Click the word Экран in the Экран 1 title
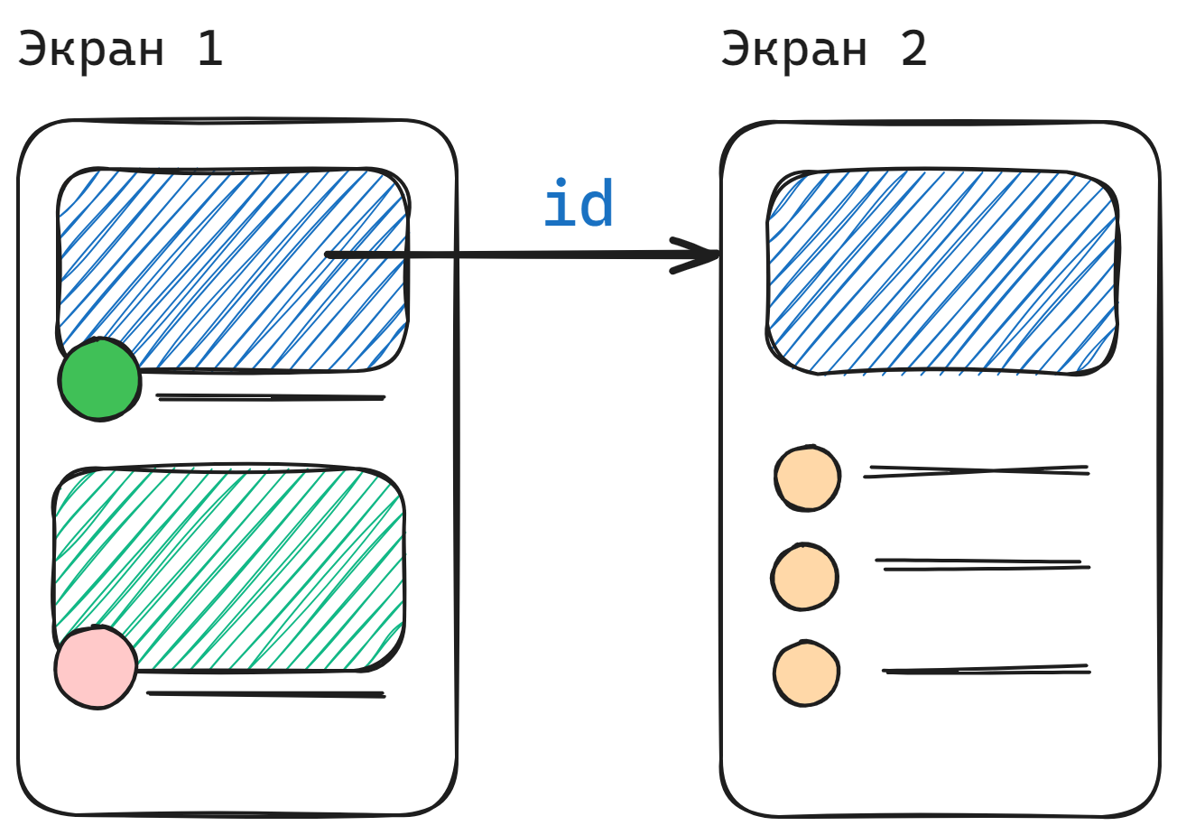point(91,49)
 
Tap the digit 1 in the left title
point(210,49)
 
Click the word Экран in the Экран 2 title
point(794,49)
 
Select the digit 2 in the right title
point(913,49)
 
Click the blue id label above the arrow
point(579,205)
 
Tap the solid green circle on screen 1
point(99,379)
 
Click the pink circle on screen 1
point(95,667)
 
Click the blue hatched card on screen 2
point(942,271)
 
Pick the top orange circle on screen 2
point(807,478)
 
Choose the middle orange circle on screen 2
point(804,576)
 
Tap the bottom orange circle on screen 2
point(806,673)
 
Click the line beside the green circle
point(271,397)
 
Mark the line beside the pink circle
point(266,694)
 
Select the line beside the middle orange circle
point(982,565)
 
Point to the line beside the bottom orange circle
point(987,671)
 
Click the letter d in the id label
point(598,205)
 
